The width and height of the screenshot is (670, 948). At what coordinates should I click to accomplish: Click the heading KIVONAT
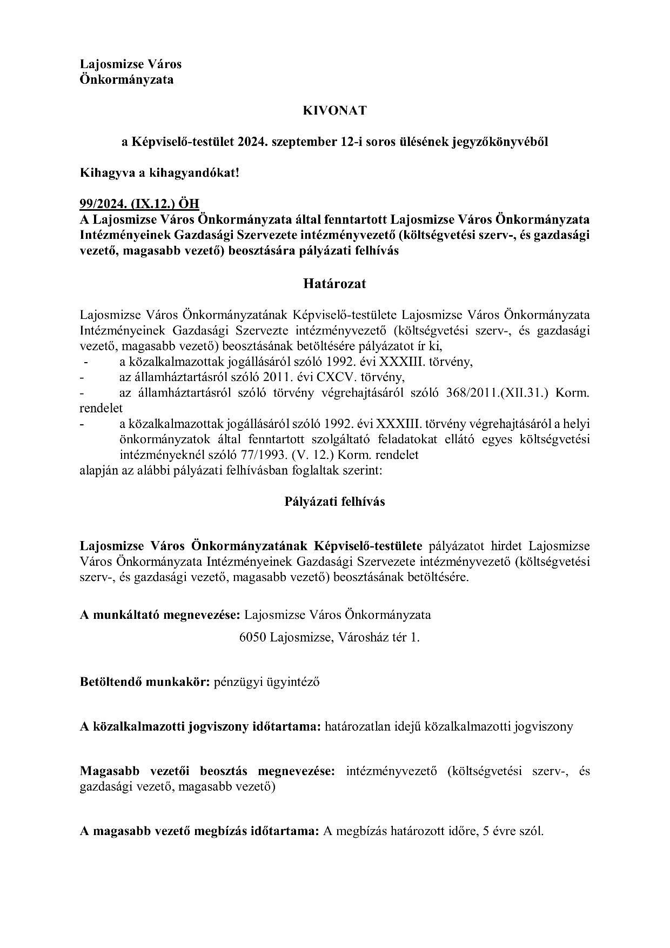pos(334,111)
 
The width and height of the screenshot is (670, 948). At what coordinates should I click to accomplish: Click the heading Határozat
pos(334,284)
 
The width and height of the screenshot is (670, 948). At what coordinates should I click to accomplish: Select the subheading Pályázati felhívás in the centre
pos(334,502)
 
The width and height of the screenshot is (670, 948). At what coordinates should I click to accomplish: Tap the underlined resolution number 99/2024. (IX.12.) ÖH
pos(139,204)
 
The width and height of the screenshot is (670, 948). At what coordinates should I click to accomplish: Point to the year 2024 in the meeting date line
pos(251,142)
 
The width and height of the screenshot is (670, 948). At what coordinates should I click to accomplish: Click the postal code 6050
pos(252,638)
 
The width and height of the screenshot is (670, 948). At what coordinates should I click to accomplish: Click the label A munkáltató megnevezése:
pos(160,615)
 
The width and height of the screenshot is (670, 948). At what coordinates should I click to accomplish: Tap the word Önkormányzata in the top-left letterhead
pos(127,79)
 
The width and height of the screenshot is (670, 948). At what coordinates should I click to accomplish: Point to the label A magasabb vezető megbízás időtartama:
pos(200,831)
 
